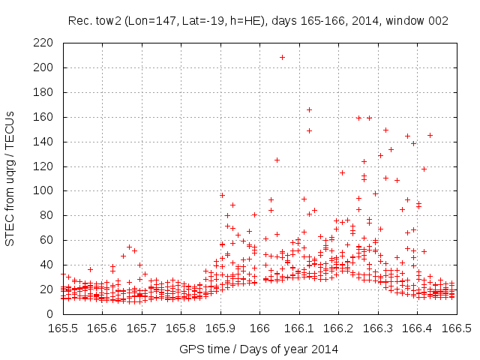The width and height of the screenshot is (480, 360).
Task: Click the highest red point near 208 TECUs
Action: (282, 57)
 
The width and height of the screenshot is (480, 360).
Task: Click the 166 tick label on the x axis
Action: (259, 328)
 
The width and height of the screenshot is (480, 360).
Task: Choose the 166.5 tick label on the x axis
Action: (456, 328)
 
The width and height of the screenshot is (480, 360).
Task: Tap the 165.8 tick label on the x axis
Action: (181, 328)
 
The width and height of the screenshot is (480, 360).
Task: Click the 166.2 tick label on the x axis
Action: (338, 328)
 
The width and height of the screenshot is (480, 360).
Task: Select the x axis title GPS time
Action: (259, 349)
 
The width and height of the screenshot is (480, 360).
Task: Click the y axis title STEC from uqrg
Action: (10, 178)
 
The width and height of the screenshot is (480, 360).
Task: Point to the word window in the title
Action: (411, 21)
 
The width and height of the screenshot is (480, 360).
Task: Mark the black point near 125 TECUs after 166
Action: (277, 160)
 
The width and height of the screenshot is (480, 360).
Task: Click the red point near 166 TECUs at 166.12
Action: (309, 110)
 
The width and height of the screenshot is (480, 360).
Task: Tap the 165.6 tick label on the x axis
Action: (102, 328)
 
